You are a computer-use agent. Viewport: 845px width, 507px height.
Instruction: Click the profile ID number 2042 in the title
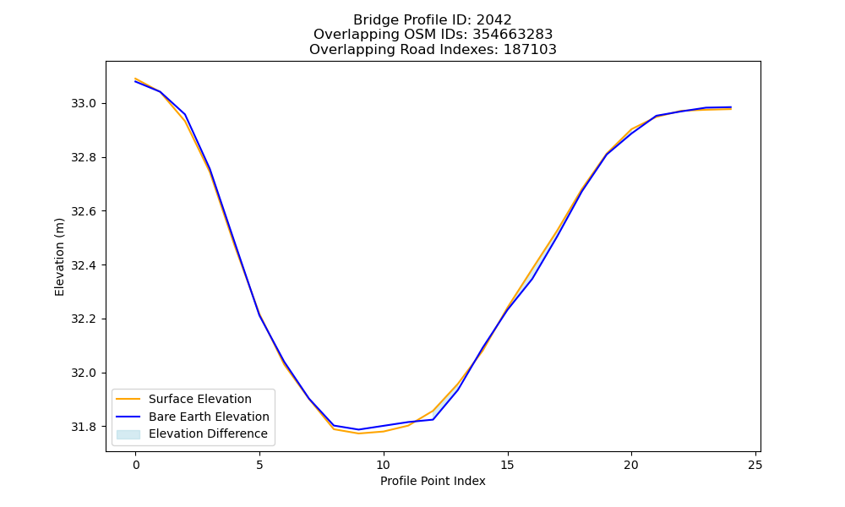tap(493, 20)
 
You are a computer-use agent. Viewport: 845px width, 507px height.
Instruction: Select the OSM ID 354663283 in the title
tap(513, 35)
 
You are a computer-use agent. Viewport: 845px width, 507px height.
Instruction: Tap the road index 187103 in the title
tap(530, 50)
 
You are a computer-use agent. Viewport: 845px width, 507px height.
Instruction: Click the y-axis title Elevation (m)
tap(59, 257)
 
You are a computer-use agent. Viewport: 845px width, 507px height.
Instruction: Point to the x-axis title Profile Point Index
tap(433, 481)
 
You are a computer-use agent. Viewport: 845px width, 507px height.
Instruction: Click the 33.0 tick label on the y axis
tap(83, 103)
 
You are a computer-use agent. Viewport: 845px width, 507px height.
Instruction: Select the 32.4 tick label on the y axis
tap(83, 265)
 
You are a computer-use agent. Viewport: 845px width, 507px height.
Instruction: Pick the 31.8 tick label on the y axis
tap(83, 427)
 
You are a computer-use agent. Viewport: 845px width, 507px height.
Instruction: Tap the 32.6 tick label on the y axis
tap(83, 211)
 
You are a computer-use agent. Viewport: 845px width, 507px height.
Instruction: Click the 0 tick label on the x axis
tap(136, 465)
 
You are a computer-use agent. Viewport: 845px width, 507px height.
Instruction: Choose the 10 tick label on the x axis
tap(383, 465)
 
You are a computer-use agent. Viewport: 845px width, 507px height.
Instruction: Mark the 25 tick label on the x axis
tap(755, 465)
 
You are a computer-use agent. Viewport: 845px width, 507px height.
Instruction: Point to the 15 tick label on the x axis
tap(507, 465)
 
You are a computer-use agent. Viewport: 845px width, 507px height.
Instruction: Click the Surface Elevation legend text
tap(200, 399)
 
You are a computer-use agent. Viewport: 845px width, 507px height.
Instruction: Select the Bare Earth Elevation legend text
tap(209, 417)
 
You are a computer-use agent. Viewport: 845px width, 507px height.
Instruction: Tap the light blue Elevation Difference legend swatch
tap(128, 434)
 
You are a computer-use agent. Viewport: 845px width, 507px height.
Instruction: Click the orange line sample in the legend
tap(128, 399)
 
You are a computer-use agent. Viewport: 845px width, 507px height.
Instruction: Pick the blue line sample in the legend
tap(128, 417)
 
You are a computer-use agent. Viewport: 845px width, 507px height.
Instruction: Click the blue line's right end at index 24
tap(731, 107)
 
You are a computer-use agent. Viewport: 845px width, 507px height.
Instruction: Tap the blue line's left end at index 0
tap(135, 81)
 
